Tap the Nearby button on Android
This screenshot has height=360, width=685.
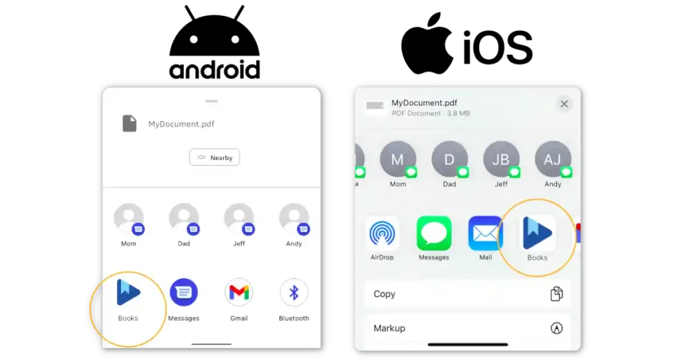click(214, 157)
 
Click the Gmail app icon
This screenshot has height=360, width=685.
click(239, 292)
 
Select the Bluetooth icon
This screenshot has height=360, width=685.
click(294, 292)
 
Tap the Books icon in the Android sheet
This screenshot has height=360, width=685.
click(128, 292)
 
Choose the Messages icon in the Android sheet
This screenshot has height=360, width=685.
click(183, 292)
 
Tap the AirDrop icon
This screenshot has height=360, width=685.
click(382, 234)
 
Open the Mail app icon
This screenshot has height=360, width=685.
click(486, 234)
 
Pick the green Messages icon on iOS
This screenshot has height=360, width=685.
click(433, 234)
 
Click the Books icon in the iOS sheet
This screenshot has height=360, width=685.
click(537, 233)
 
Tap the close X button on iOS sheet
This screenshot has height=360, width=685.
click(564, 104)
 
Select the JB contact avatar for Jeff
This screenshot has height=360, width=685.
click(501, 159)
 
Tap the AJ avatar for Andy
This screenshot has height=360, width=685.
click(553, 159)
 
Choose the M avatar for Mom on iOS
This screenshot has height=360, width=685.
click(397, 159)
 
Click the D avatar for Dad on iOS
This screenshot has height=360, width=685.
click(449, 159)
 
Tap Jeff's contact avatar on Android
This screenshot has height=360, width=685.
click(239, 218)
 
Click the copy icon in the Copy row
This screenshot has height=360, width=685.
click(557, 294)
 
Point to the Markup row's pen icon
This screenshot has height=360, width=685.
click(557, 328)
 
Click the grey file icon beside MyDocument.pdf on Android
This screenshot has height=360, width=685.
click(129, 123)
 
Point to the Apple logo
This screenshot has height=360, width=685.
click(427, 43)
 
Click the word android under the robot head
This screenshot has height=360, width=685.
click(215, 70)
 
